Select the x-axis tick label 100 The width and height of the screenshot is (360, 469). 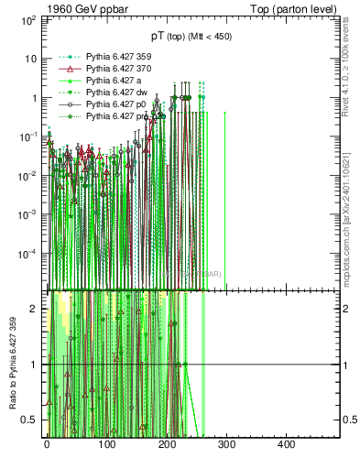[106, 444]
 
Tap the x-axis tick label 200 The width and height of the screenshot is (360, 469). [167, 444]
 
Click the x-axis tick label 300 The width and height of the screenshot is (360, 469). [226, 444]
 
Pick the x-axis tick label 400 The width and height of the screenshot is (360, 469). [286, 444]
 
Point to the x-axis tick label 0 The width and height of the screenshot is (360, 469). [47, 444]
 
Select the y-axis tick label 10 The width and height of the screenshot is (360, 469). [32, 59]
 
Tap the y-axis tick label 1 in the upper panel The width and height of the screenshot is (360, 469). [35, 98]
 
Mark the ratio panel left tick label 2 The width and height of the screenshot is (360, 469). [35, 309]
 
